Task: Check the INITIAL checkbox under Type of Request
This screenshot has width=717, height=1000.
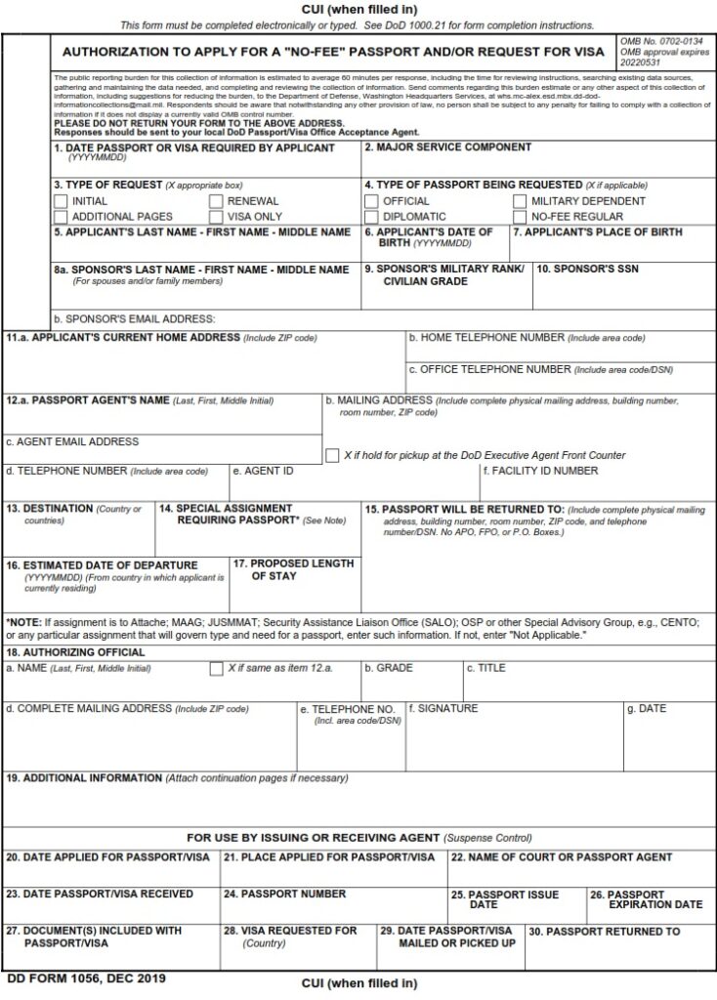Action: click(61, 201)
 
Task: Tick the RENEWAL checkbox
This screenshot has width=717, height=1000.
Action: click(216, 201)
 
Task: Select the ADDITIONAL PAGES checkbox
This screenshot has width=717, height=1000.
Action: click(61, 217)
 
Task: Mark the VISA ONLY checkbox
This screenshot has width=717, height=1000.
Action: click(216, 217)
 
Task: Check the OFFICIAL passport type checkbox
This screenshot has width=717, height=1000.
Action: click(371, 201)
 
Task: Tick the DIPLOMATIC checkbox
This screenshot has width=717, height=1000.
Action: click(371, 217)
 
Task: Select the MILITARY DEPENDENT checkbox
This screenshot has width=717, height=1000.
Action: click(522, 201)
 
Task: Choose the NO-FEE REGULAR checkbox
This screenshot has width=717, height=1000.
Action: click(522, 217)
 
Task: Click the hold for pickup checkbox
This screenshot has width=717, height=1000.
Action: click(332, 455)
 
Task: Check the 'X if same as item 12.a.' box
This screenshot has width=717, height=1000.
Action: click(216, 669)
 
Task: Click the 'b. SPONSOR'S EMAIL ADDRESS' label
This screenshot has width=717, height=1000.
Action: click(134, 318)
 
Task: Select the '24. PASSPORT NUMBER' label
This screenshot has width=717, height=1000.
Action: click(284, 894)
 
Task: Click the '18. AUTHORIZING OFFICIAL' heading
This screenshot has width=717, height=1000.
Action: click(76, 652)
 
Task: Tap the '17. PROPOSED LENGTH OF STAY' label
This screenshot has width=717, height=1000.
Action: click(293, 569)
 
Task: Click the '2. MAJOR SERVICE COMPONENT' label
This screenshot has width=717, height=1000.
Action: click(447, 147)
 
